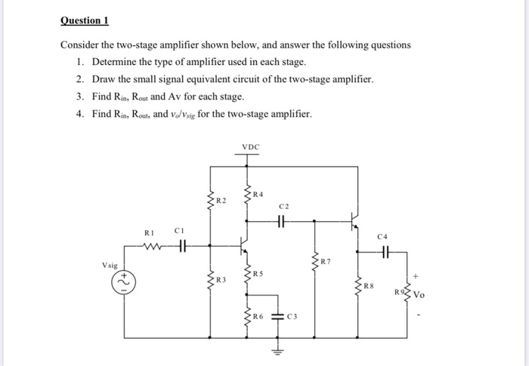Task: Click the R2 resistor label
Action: tap(221, 201)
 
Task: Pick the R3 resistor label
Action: tap(221, 281)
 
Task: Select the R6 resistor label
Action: tap(258, 315)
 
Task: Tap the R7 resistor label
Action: tap(325, 262)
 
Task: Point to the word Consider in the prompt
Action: tap(79, 45)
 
